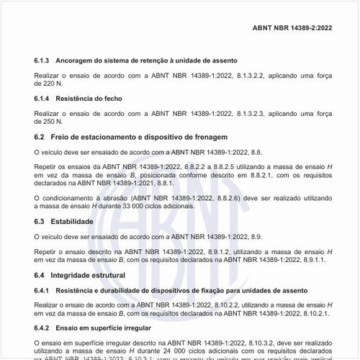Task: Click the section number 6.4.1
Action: pos(42,290)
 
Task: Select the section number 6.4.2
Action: pos(42,328)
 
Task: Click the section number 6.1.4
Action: pos(42,97)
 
